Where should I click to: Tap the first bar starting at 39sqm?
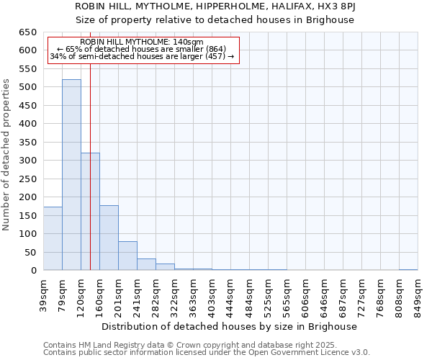coord(53,238)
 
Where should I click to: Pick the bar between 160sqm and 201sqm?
coord(109,238)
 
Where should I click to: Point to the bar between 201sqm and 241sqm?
coord(127,256)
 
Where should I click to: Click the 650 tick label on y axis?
coord(27,32)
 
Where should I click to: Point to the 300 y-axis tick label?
coord(27,161)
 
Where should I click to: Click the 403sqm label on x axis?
coord(212,294)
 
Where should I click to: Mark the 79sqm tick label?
coord(63,292)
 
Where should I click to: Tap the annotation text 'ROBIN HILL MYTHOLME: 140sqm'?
coord(142,42)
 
